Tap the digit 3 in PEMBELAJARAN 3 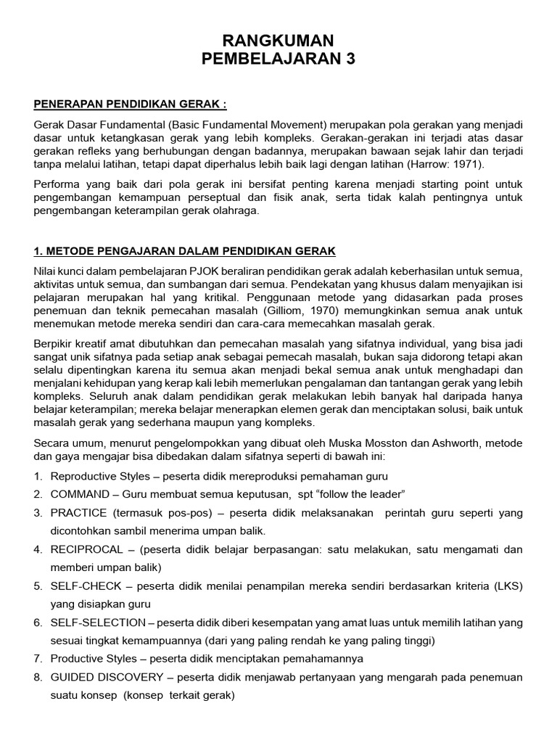point(351,59)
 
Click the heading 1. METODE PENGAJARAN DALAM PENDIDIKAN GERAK point(185,251)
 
